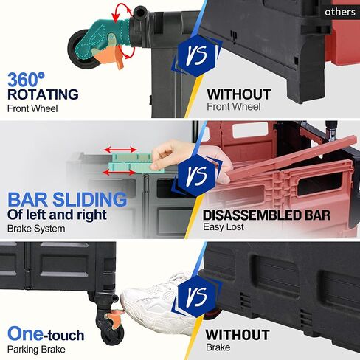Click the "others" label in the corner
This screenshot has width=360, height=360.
pos(340,12)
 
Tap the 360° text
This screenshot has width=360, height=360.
pos(26,80)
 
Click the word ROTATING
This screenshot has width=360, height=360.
pos(43,94)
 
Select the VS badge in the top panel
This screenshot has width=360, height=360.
pos(198,55)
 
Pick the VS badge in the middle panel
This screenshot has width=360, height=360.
pos(198,175)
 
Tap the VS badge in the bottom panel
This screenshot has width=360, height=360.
pos(198,296)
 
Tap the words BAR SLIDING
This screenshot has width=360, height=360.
pos(67,199)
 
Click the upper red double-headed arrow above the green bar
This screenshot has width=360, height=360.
pos(120,150)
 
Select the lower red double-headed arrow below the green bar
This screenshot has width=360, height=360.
pos(119,172)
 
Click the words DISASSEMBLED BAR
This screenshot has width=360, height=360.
pos(266,215)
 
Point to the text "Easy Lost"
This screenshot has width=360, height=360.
pos(224,226)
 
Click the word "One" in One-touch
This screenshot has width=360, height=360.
pos(25,334)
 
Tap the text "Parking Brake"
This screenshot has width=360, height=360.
pos(36,350)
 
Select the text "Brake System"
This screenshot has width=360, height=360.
pos(36,229)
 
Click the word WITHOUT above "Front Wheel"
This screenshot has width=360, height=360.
pos(238,94)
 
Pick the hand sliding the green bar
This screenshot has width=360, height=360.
pos(170,154)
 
